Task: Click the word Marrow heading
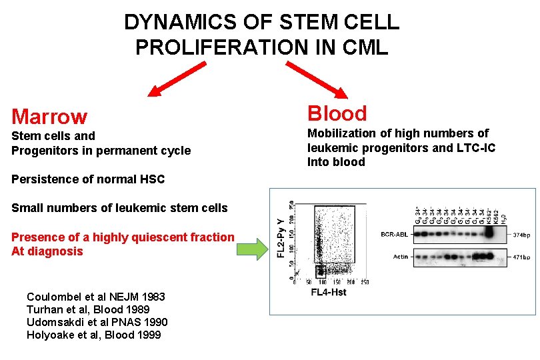point(49,117)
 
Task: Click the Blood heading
point(337,113)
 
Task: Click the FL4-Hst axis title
point(328,292)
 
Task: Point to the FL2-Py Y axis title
point(281,239)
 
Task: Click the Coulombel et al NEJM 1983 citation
point(96,297)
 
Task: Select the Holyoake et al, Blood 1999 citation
point(93,335)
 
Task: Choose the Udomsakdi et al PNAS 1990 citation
point(97,322)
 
